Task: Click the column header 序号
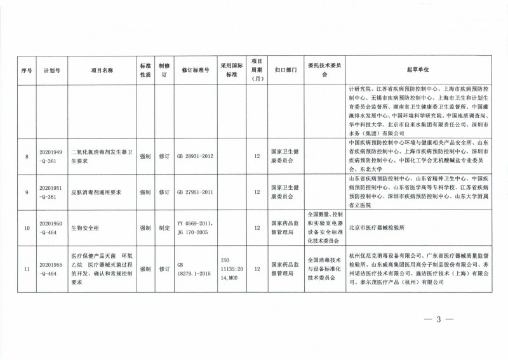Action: click(27, 69)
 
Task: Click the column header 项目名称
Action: click(101, 69)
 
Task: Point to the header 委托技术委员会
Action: click(325, 69)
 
